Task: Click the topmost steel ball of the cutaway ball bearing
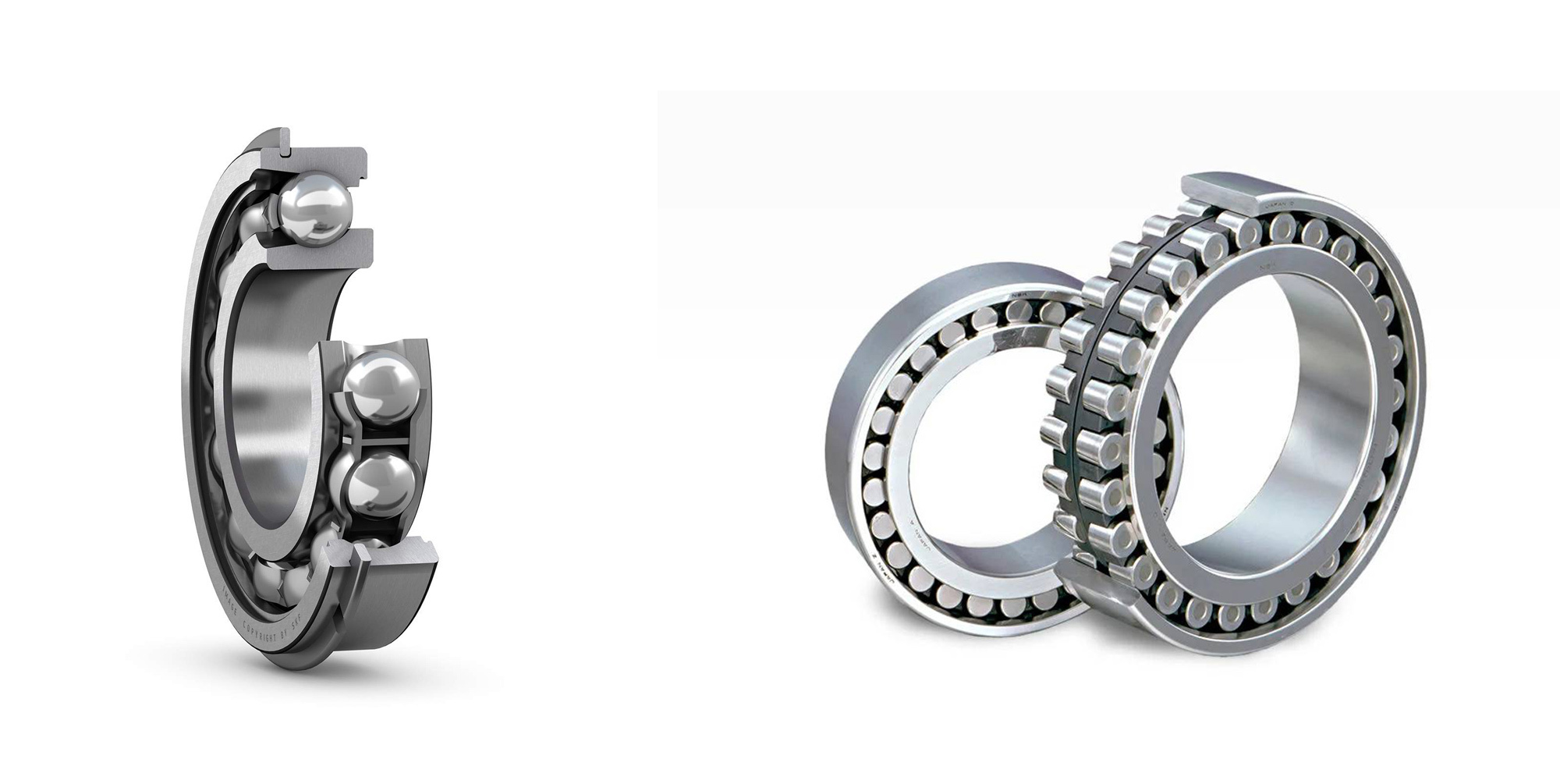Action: [314, 208]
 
